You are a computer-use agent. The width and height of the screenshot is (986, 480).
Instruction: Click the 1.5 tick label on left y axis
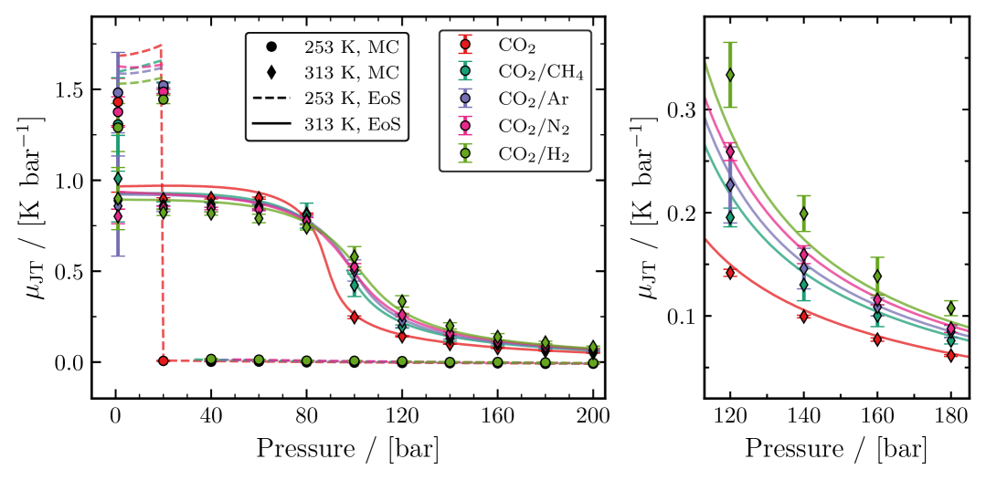[x=69, y=90]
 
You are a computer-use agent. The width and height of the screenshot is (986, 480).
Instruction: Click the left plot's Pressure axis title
[x=347, y=449]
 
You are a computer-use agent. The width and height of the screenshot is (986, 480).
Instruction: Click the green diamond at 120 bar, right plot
[x=730, y=74]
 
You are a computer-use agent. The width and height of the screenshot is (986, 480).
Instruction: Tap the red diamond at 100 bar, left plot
[x=354, y=317]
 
